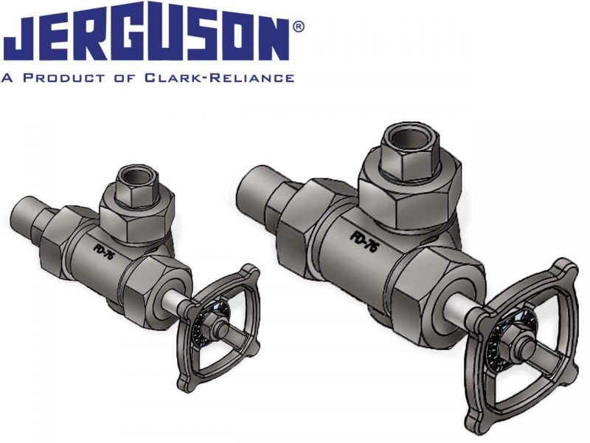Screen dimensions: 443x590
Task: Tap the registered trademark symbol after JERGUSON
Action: (299, 27)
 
